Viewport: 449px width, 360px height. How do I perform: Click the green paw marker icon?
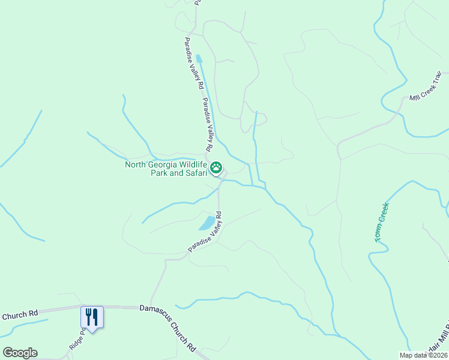tap(216, 167)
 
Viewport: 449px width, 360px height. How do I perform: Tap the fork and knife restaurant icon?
tap(92, 316)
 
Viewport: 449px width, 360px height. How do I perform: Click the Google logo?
tap(20, 353)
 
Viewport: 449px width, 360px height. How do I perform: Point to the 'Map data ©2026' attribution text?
tap(423, 355)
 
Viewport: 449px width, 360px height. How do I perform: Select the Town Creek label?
tap(382, 221)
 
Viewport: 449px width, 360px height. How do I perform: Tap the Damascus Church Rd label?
tap(168, 328)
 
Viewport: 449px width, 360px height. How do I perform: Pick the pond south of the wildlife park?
tap(206, 224)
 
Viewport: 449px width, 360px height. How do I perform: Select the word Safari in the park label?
tap(194, 173)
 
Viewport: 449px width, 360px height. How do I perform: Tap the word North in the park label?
tap(135, 164)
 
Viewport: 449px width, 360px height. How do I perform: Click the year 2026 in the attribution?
tap(438, 355)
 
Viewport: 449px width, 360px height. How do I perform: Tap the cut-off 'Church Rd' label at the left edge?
tap(19, 314)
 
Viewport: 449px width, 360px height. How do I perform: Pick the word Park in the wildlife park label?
tap(159, 173)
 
